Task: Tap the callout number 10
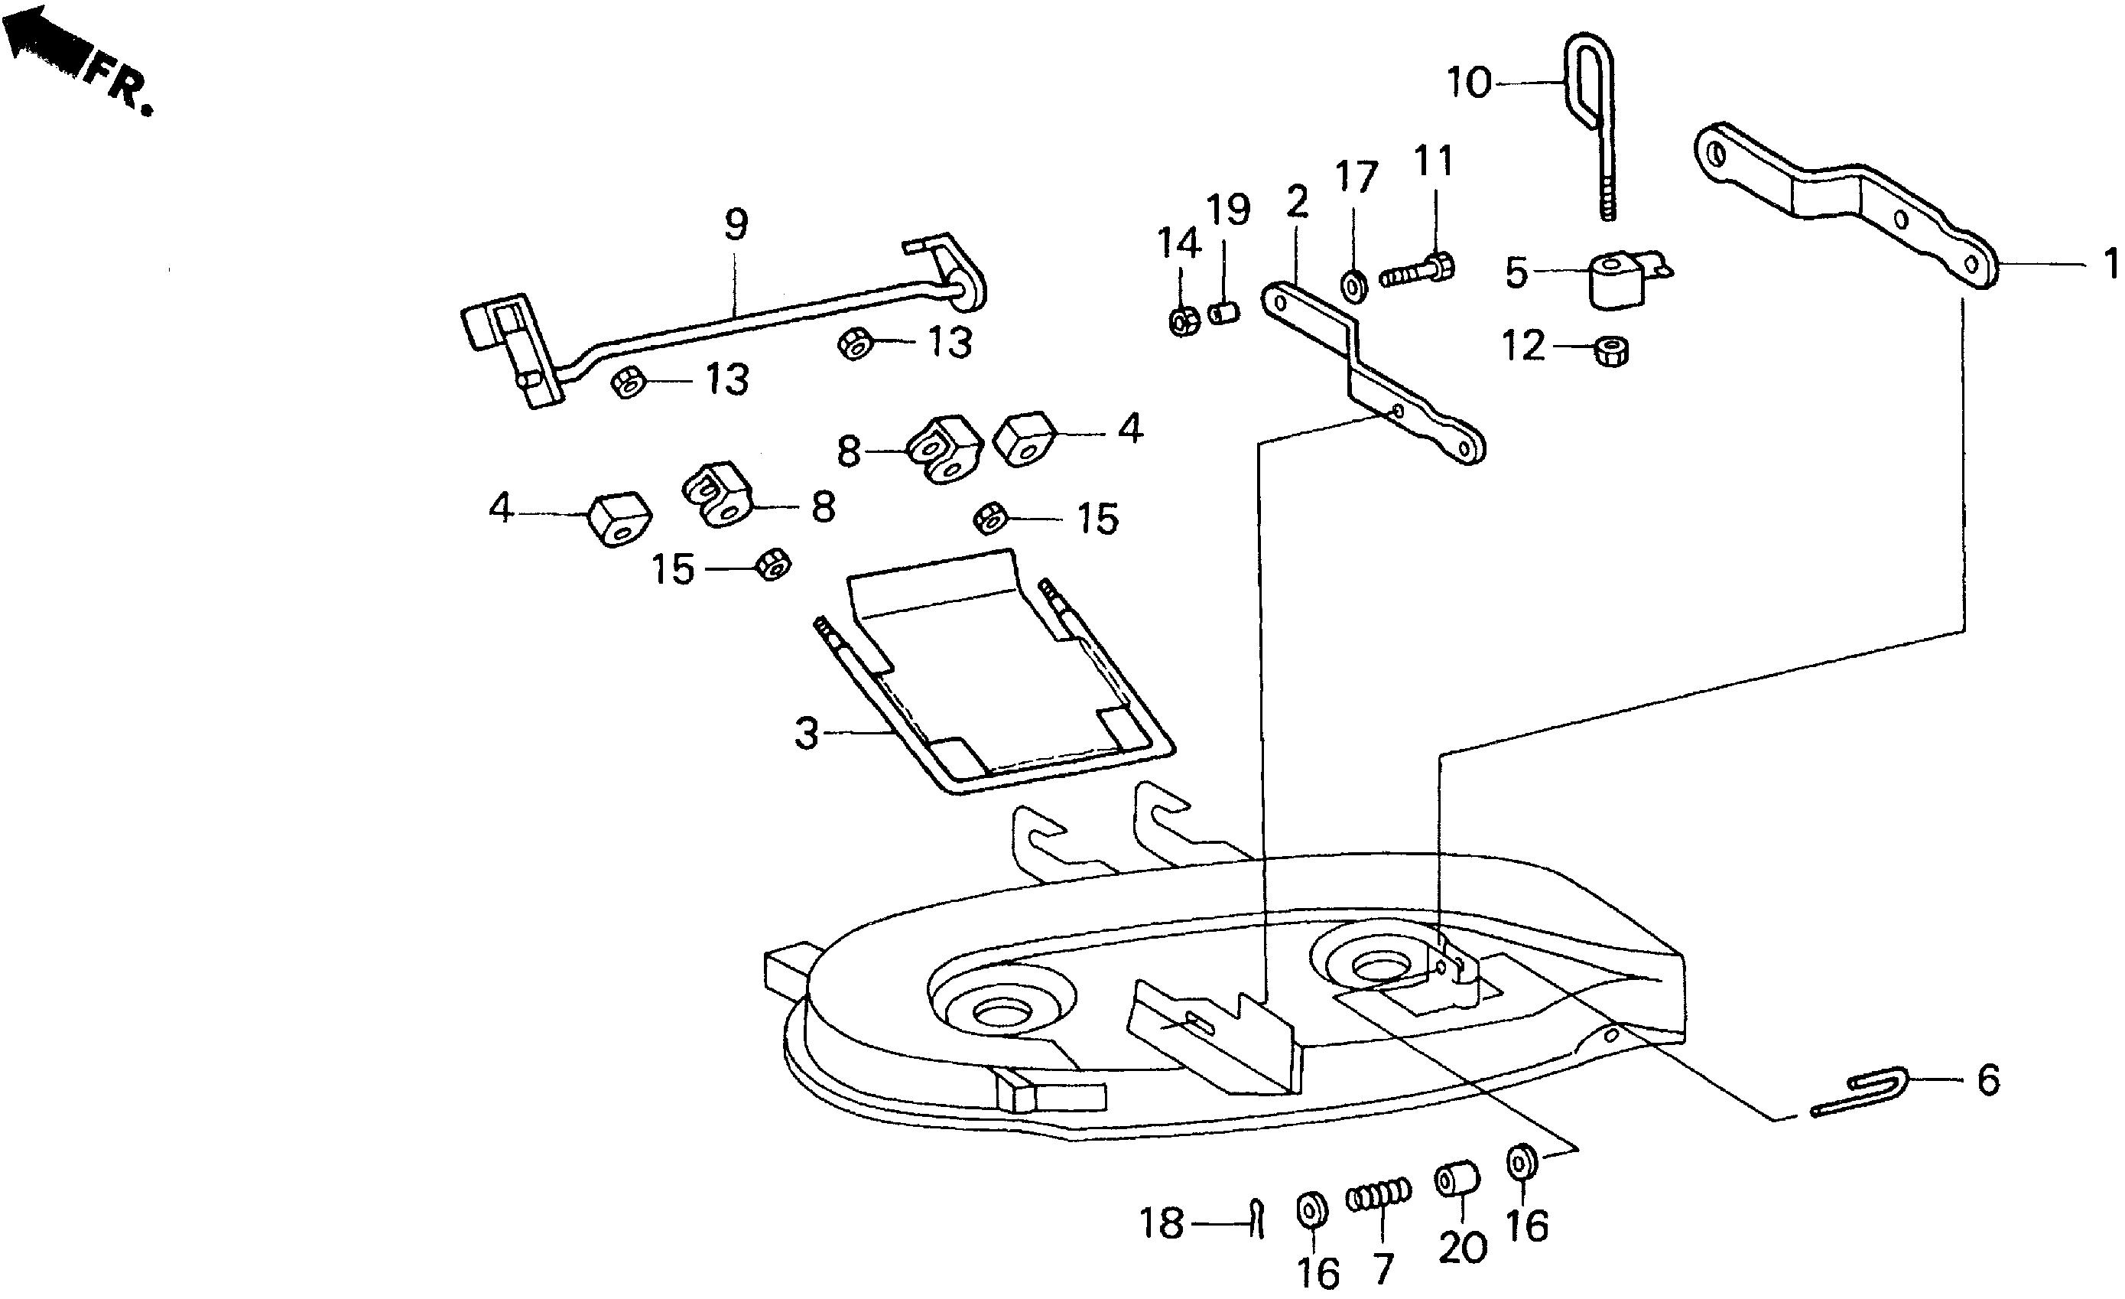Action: pyautogui.click(x=1469, y=83)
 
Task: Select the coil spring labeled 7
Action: pyautogui.click(x=1379, y=1196)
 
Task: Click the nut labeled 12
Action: pyautogui.click(x=1610, y=351)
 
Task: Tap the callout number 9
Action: pyautogui.click(x=735, y=224)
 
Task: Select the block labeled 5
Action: pyautogui.click(x=1617, y=277)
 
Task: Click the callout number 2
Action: pyautogui.click(x=1296, y=202)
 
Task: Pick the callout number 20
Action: pyautogui.click(x=1463, y=1247)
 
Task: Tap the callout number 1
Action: pyautogui.click(x=2109, y=264)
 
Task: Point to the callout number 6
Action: pyautogui.click(x=1988, y=1080)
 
